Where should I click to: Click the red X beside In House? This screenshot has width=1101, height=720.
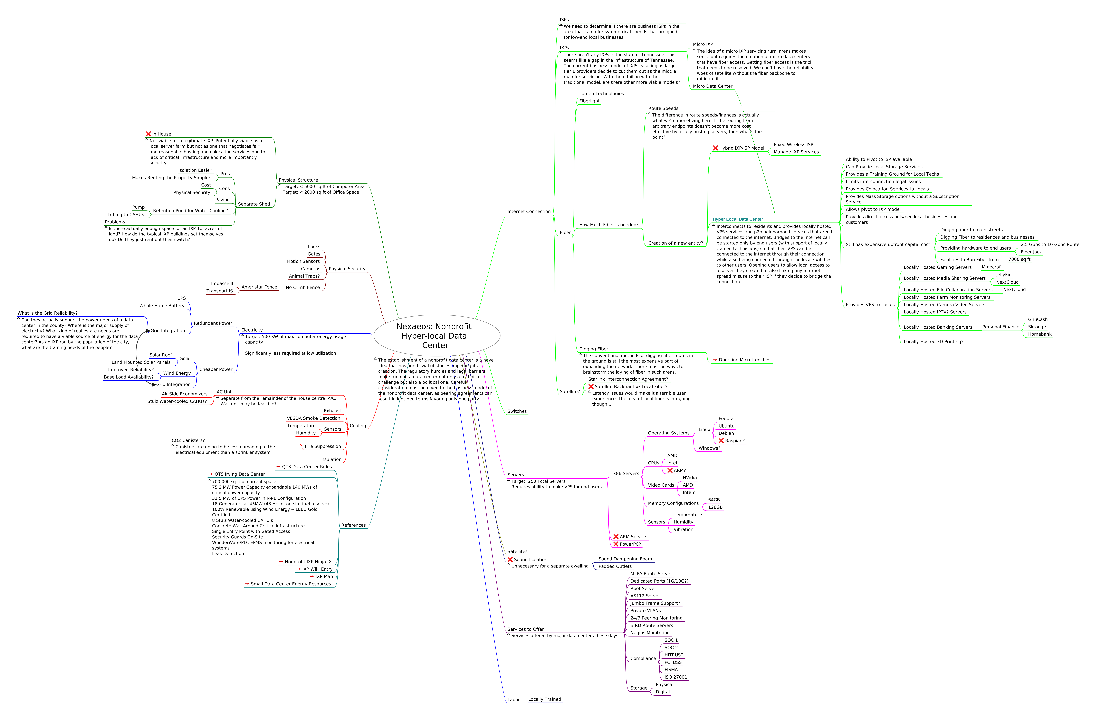[x=148, y=134]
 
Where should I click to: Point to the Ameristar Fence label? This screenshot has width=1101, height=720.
[x=259, y=287]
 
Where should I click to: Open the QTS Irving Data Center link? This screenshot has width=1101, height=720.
[x=239, y=474]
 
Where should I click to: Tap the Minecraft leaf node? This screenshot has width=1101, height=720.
[x=991, y=267]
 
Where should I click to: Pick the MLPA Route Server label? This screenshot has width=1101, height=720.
[x=651, y=574]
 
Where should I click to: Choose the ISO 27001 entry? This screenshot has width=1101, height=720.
[x=675, y=677]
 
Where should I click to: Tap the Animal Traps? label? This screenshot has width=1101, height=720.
[x=304, y=276]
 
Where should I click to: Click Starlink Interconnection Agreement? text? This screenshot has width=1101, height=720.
[x=628, y=379]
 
